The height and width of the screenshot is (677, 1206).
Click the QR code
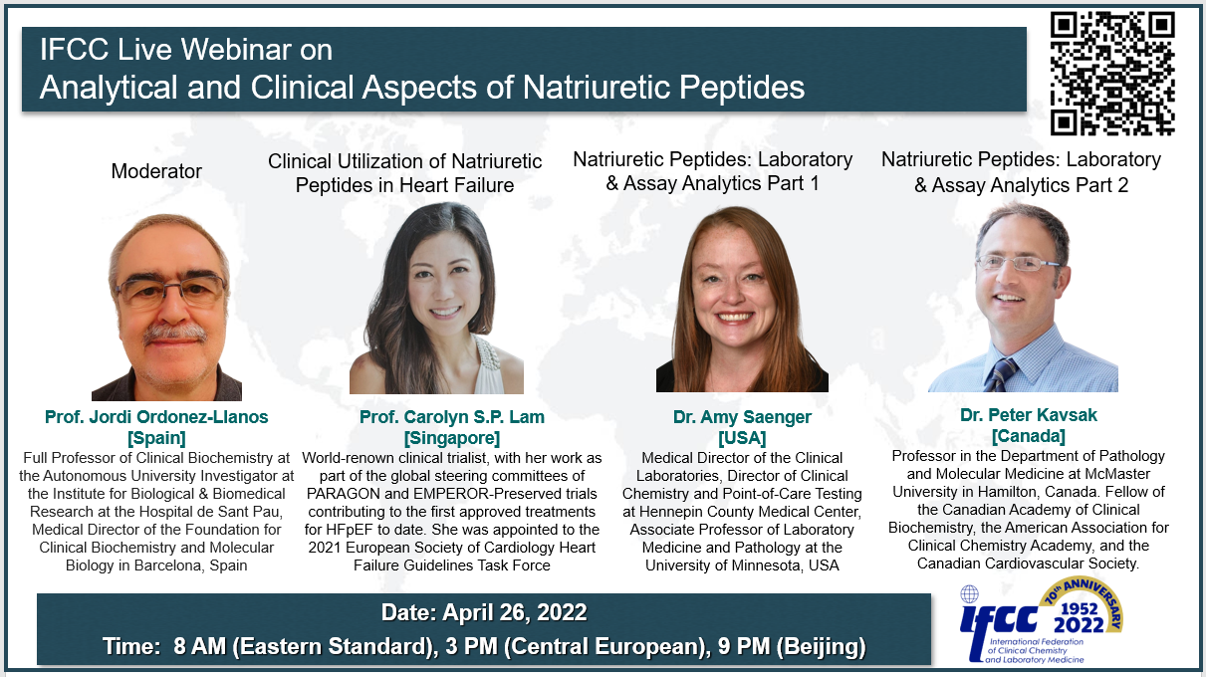(1112, 74)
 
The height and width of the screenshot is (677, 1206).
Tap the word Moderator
(156, 171)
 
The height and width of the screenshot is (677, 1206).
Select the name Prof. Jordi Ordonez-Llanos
(156, 416)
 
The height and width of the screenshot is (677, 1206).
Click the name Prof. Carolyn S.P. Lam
(452, 416)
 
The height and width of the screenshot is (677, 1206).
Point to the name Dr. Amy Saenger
(742, 416)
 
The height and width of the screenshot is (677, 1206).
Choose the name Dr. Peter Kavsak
(1029, 415)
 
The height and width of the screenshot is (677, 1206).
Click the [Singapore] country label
(452, 437)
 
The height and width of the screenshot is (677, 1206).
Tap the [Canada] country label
(1029, 435)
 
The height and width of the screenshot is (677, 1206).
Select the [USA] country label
(742, 437)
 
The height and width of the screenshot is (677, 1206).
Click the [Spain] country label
(156, 437)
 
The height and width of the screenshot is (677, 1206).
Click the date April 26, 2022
(514, 612)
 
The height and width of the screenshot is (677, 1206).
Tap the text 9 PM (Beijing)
(792, 646)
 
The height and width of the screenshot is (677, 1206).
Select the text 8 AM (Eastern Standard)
(306, 646)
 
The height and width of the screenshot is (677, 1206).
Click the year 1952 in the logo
(1079, 608)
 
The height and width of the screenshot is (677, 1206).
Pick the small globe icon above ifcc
(969, 594)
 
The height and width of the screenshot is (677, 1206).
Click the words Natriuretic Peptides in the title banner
(663, 88)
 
